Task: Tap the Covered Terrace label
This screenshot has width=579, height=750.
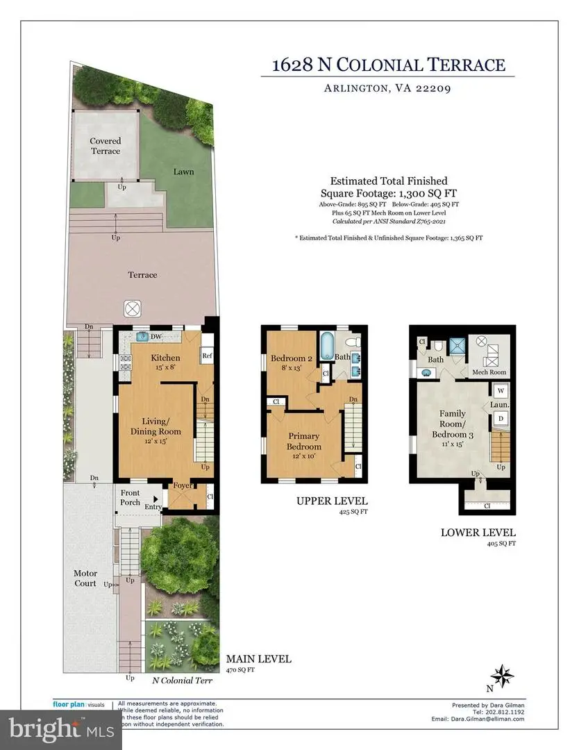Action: (105, 146)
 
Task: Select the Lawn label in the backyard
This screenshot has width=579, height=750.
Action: (183, 172)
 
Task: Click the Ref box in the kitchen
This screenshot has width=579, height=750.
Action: (207, 356)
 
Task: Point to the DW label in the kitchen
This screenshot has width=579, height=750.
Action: (157, 337)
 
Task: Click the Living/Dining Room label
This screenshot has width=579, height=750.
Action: (162, 426)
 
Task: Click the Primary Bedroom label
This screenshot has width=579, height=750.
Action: (305, 442)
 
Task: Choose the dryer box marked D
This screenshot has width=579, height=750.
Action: (501, 419)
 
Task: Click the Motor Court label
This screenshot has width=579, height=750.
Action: (86, 578)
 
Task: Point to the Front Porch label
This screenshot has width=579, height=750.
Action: (130, 498)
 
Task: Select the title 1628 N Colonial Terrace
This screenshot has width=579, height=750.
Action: (388, 65)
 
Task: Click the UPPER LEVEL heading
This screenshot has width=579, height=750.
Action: (331, 501)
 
